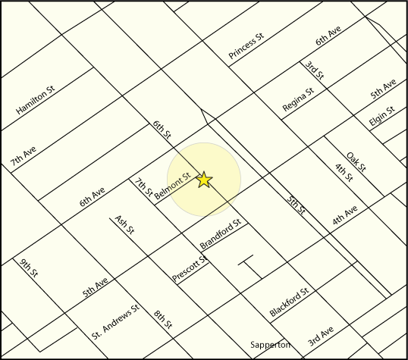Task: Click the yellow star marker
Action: pyautogui.click(x=204, y=180)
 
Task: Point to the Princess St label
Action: pyautogui.click(x=246, y=46)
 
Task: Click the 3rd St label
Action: pyautogui.click(x=315, y=72)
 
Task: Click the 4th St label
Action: pyautogui.click(x=344, y=173)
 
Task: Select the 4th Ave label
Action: pyautogui.click(x=344, y=216)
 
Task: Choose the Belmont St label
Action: pyautogui.click(x=171, y=186)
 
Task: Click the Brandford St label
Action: pyautogui.click(x=220, y=235)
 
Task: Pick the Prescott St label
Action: pyautogui.click(x=190, y=270)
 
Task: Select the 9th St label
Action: pyautogui.click(x=29, y=271)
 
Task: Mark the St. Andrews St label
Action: pyautogui.click(x=116, y=321)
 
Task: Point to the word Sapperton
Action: pyautogui.click(x=271, y=345)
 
